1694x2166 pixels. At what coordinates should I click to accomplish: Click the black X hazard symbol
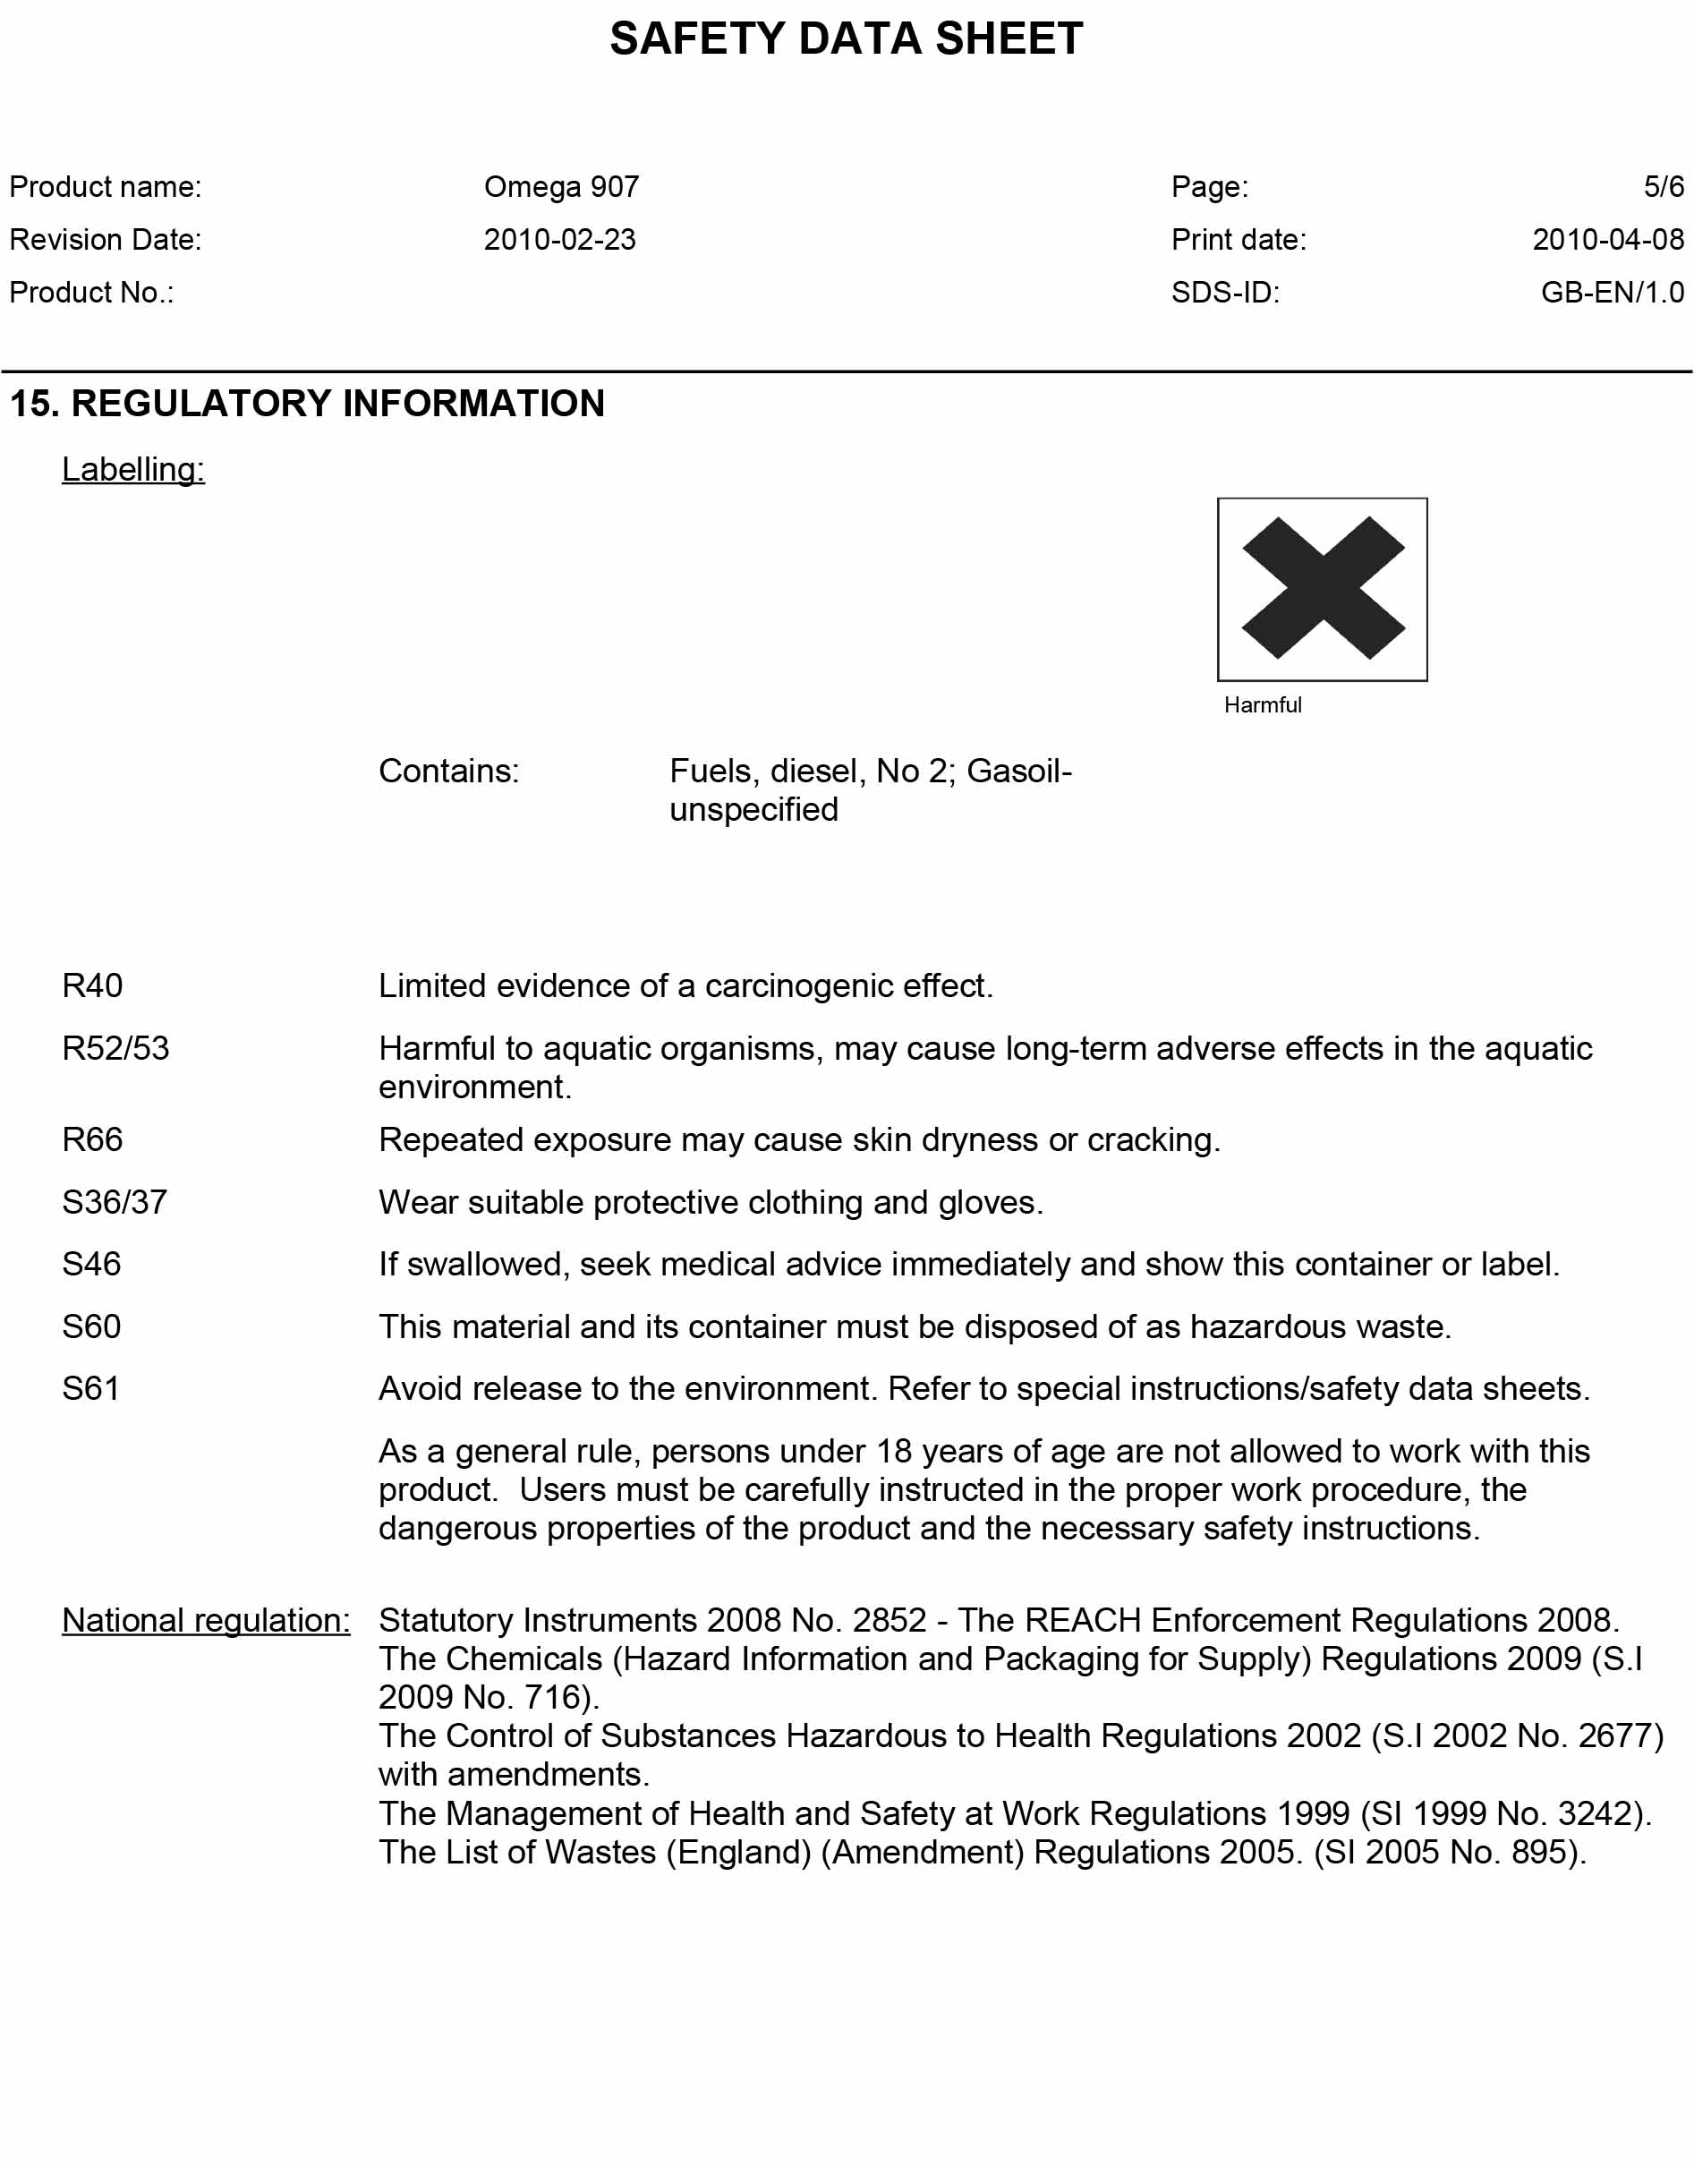(x=1322, y=588)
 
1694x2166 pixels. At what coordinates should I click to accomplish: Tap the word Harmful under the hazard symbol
(x=1262, y=705)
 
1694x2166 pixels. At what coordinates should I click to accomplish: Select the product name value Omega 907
(x=561, y=187)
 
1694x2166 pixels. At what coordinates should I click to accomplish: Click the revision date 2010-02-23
(x=559, y=240)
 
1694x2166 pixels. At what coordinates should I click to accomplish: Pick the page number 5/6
(x=1664, y=187)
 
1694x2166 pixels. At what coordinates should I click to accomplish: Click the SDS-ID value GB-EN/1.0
(x=1612, y=293)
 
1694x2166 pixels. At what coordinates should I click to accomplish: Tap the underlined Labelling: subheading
(x=133, y=469)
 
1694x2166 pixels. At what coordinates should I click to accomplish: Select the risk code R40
(x=92, y=985)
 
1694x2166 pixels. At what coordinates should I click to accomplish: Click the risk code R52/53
(x=115, y=1048)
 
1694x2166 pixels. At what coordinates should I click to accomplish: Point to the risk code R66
(x=92, y=1139)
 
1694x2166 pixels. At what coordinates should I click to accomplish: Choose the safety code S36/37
(x=114, y=1202)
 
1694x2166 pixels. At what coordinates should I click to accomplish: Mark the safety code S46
(x=91, y=1265)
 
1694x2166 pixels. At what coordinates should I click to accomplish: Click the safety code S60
(x=91, y=1327)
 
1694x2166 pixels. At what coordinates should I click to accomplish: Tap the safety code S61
(x=90, y=1388)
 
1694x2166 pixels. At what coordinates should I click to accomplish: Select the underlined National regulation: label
(x=205, y=1621)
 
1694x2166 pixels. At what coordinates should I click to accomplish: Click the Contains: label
(x=448, y=771)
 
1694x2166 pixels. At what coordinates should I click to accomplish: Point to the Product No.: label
(x=91, y=293)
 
